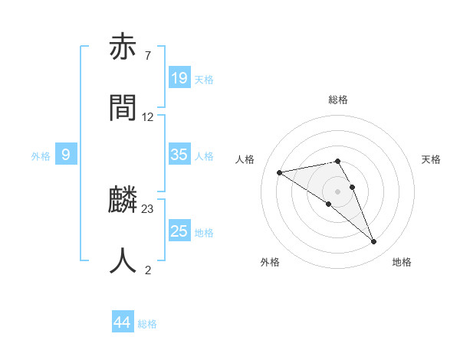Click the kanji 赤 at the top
[x=123, y=48]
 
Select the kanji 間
[x=123, y=107]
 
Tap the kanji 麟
[x=123, y=201]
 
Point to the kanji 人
[x=123, y=260]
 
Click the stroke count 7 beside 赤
[x=147, y=56]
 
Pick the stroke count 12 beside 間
[x=148, y=116]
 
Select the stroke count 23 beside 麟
[x=148, y=208]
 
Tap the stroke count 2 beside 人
[x=147, y=269]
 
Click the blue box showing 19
[x=179, y=77]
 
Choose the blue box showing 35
[x=179, y=155]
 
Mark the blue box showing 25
[x=179, y=231]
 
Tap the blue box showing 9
[x=66, y=155]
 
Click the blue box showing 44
[x=123, y=322]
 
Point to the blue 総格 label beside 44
[x=147, y=324]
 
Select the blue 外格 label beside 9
[x=41, y=156]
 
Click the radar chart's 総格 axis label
[x=338, y=100]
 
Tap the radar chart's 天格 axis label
[x=431, y=159]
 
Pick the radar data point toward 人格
[x=280, y=172]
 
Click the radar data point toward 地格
[x=374, y=242]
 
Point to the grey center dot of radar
[x=338, y=191]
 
